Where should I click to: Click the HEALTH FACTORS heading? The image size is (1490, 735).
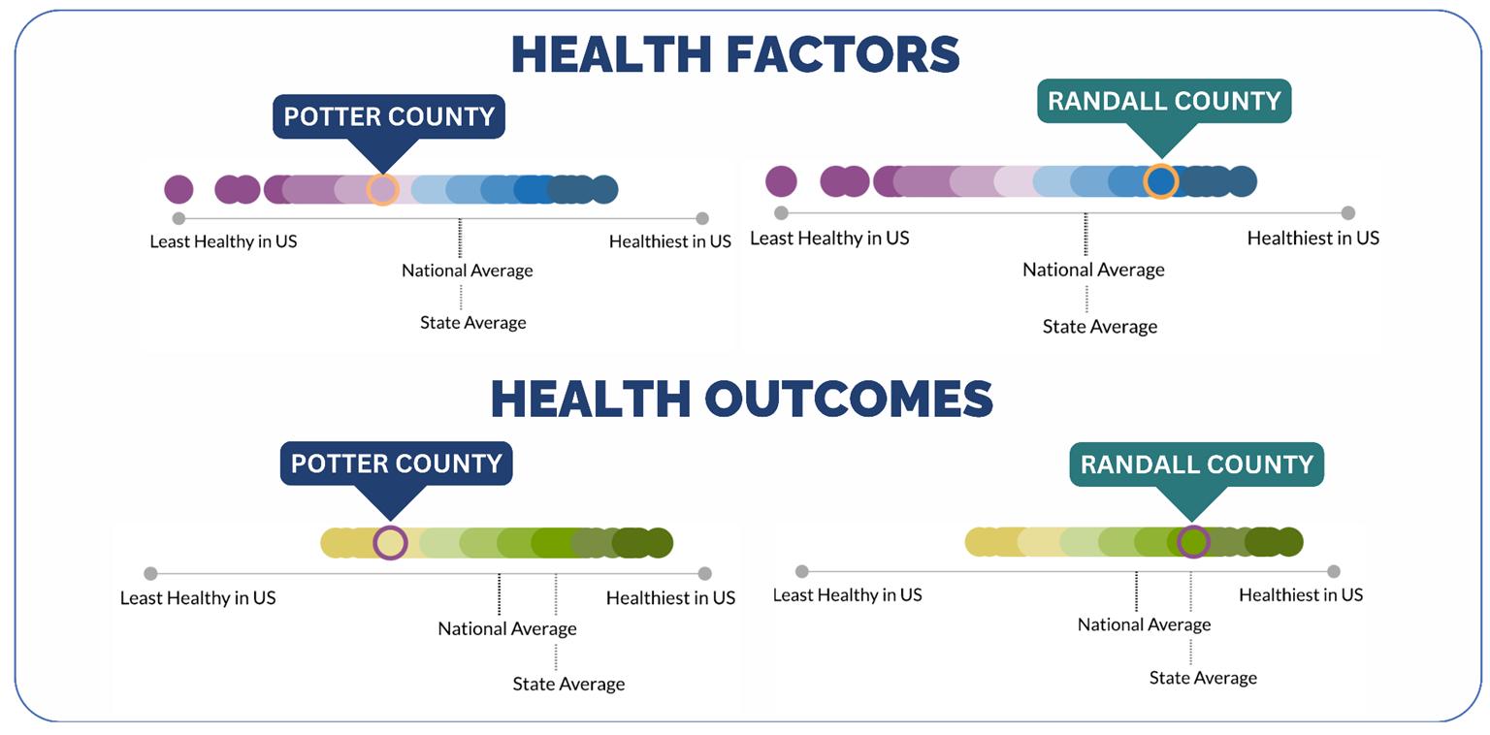pyautogui.click(x=735, y=54)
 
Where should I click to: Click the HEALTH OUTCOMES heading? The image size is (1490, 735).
pyautogui.click(x=742, y=399)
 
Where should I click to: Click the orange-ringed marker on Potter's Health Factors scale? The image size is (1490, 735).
pyautogui.click(x=382, y=190)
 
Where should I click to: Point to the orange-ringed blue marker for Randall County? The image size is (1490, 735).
pyautogui.click(x=1161, y=181)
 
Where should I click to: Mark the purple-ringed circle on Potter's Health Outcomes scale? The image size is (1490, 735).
pyautogui.click(x=390, y=543)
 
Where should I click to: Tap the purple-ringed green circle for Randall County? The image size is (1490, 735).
pyautogui.click(x=1193, y=541)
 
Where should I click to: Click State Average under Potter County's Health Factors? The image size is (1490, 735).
pyautogui.click(x=473, y=323)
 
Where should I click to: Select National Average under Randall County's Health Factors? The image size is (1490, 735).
pyautogui.click(x=1093, y=270)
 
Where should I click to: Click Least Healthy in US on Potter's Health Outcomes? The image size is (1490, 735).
pyautogui.click(x=198, y=598)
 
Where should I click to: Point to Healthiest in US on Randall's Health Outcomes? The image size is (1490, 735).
pyautogui.click(x=1301, y=594)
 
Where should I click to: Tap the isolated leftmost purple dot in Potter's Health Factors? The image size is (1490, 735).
pyautogui.click(x=178, y=190)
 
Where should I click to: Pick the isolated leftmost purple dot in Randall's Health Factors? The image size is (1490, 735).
pyautogui.click(x=781, y=181)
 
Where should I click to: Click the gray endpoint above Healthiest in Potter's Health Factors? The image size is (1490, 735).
pyautogui.click(x=701, y=218)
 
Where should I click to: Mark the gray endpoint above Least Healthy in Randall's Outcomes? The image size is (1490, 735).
pyautogui.click(x=801, y=571)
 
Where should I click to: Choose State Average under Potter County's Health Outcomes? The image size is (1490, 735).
pyautogui.click(x=568, y=684)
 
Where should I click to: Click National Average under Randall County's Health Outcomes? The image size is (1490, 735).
pyautogui.click(x=1144, y=624)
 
